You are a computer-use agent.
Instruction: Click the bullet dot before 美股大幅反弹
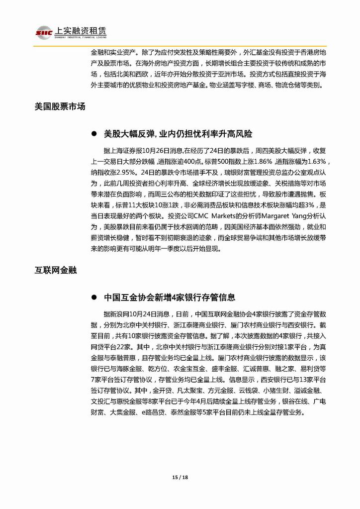click(94, 134)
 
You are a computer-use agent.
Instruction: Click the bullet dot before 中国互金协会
click(94, 298)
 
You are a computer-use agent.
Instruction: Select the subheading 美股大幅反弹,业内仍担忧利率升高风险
click(178, 134)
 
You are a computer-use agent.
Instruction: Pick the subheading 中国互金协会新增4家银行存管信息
click(170, 298)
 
